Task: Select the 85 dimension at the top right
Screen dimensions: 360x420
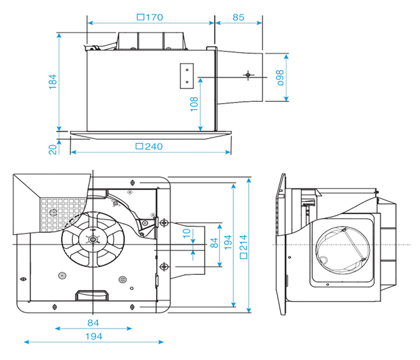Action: pos(238,17)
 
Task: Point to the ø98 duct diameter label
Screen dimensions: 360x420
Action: pos(280,77)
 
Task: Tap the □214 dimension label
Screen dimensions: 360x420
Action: pos(243,246)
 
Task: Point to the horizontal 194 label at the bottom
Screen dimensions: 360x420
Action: pos(93,336)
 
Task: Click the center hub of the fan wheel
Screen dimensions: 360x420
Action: pos(93,240)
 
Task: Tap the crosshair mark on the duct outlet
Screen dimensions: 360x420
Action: pos(247,76)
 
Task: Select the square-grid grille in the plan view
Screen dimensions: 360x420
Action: pos(60,212)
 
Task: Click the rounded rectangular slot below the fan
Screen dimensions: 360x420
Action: pos(92,296)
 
